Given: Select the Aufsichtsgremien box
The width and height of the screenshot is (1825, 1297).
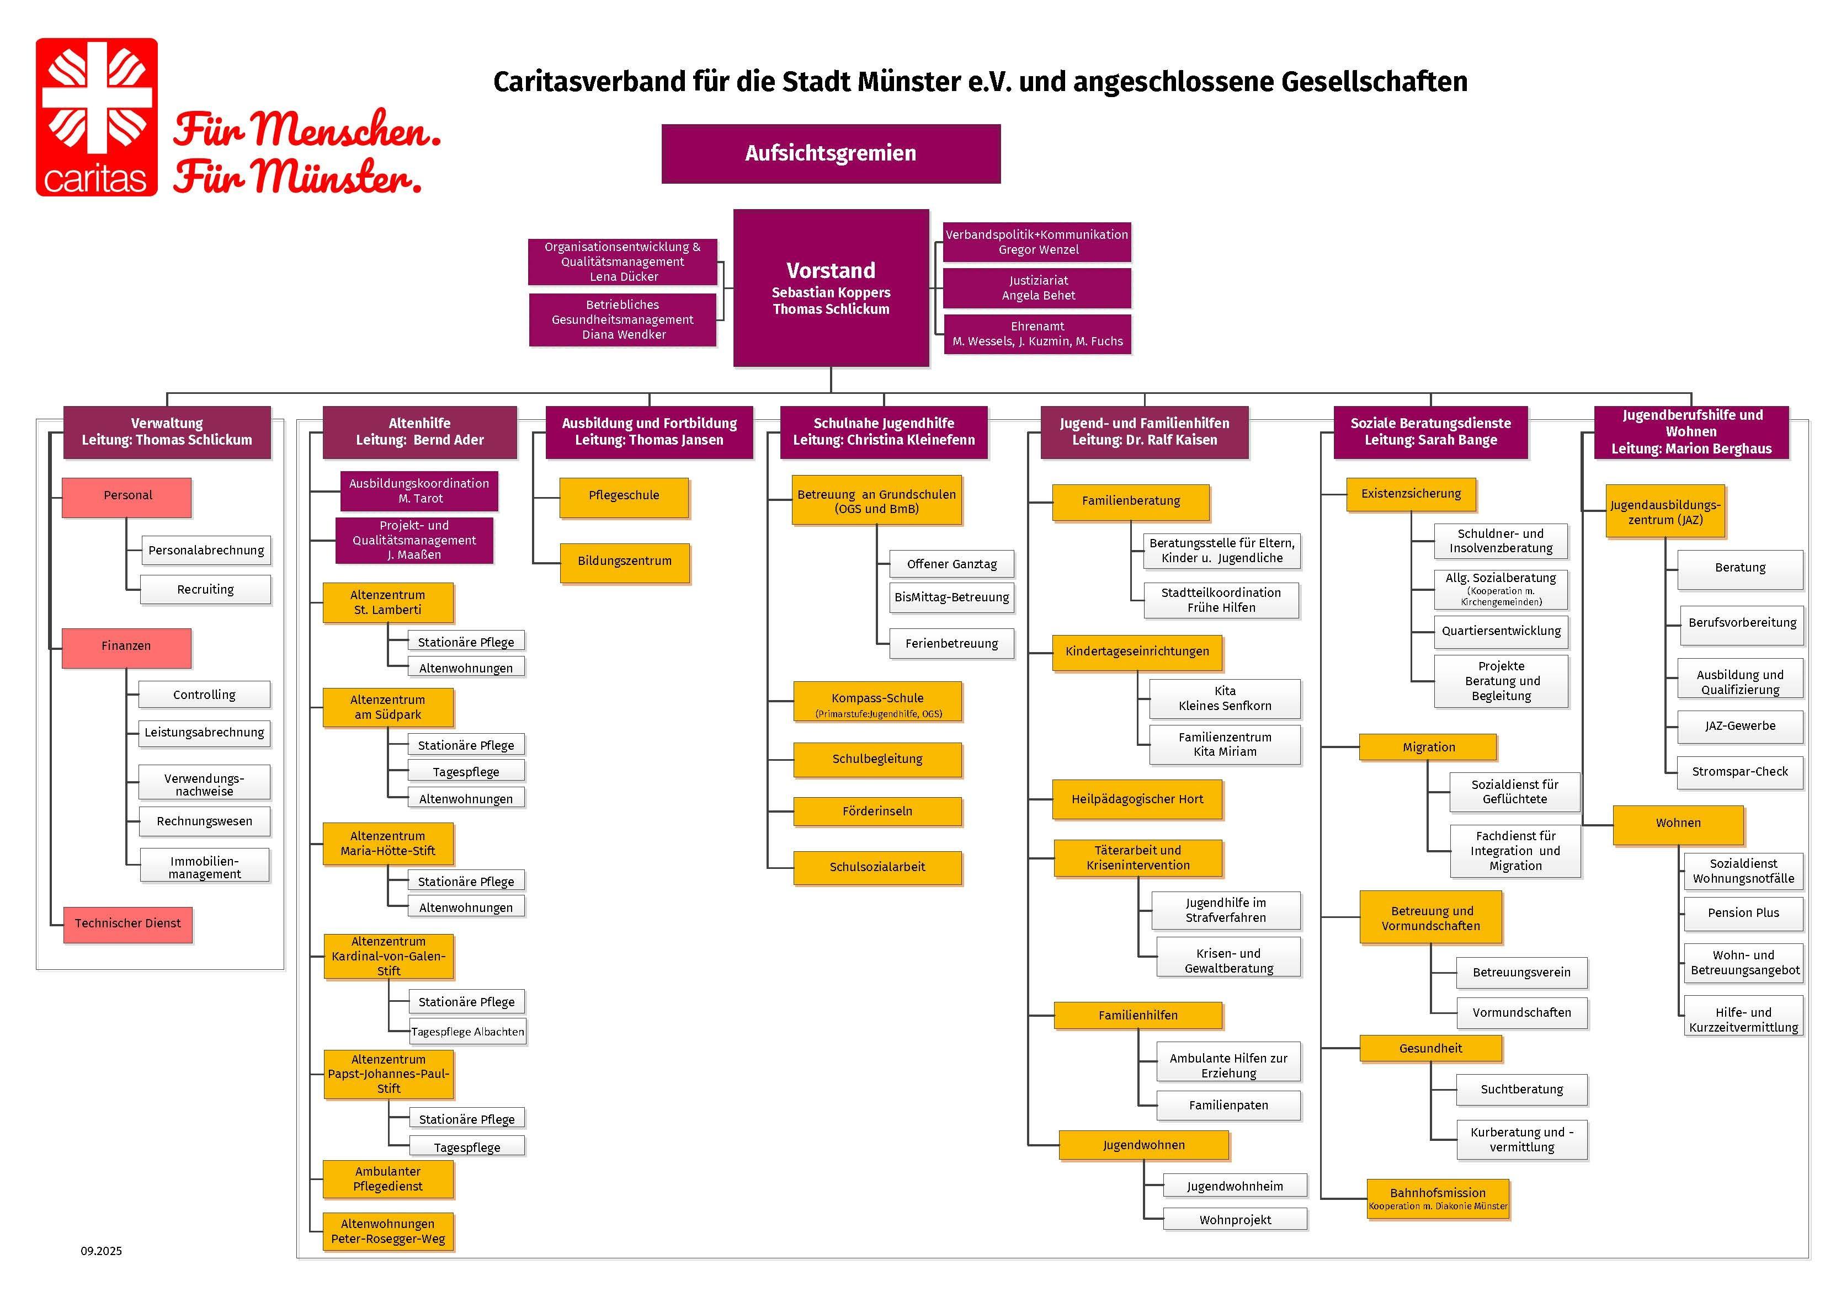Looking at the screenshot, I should pyautogui.click(x=831, y=153).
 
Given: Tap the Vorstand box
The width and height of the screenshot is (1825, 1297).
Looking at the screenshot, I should pyautogui.click(x=831, y=287).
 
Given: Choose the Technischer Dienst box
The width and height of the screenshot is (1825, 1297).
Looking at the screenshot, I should pyautogui.click(x=128, y=924).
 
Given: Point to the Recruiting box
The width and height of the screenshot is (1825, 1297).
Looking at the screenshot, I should pyautogui.click(x=205, y=589).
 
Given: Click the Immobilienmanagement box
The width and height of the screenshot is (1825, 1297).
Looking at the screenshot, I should pyautogui.click(x=204, y=867).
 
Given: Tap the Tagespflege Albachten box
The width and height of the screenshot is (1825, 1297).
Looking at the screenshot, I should pyautogui.click(x=467, y=1032).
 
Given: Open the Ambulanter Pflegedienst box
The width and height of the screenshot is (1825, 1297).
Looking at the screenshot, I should pyautogui.click(x=388, y=1179).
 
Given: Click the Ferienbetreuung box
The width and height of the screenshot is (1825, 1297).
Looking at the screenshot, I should pyautogui.click(x=951, y=644).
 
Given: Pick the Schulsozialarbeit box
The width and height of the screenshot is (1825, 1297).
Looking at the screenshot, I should pyautogui.click(x=877, y=867).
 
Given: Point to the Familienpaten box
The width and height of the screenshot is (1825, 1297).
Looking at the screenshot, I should pyautogui.click(x=1228, y=1106).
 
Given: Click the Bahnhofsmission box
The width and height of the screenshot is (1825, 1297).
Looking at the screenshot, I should pyautogui.click(x=1438, y=1199).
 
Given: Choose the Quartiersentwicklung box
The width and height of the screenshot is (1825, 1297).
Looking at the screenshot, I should pyautogui.click(x=1501, y=631).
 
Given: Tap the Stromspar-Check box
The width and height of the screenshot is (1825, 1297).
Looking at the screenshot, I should pyautogui.click(x=1739, y=772).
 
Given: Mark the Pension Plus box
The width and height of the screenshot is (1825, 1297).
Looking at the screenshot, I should pyautogui.click(x=1743, y=914).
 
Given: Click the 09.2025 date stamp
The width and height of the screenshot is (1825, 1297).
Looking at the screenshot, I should pyautogui.click(x=102, y=1251).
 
